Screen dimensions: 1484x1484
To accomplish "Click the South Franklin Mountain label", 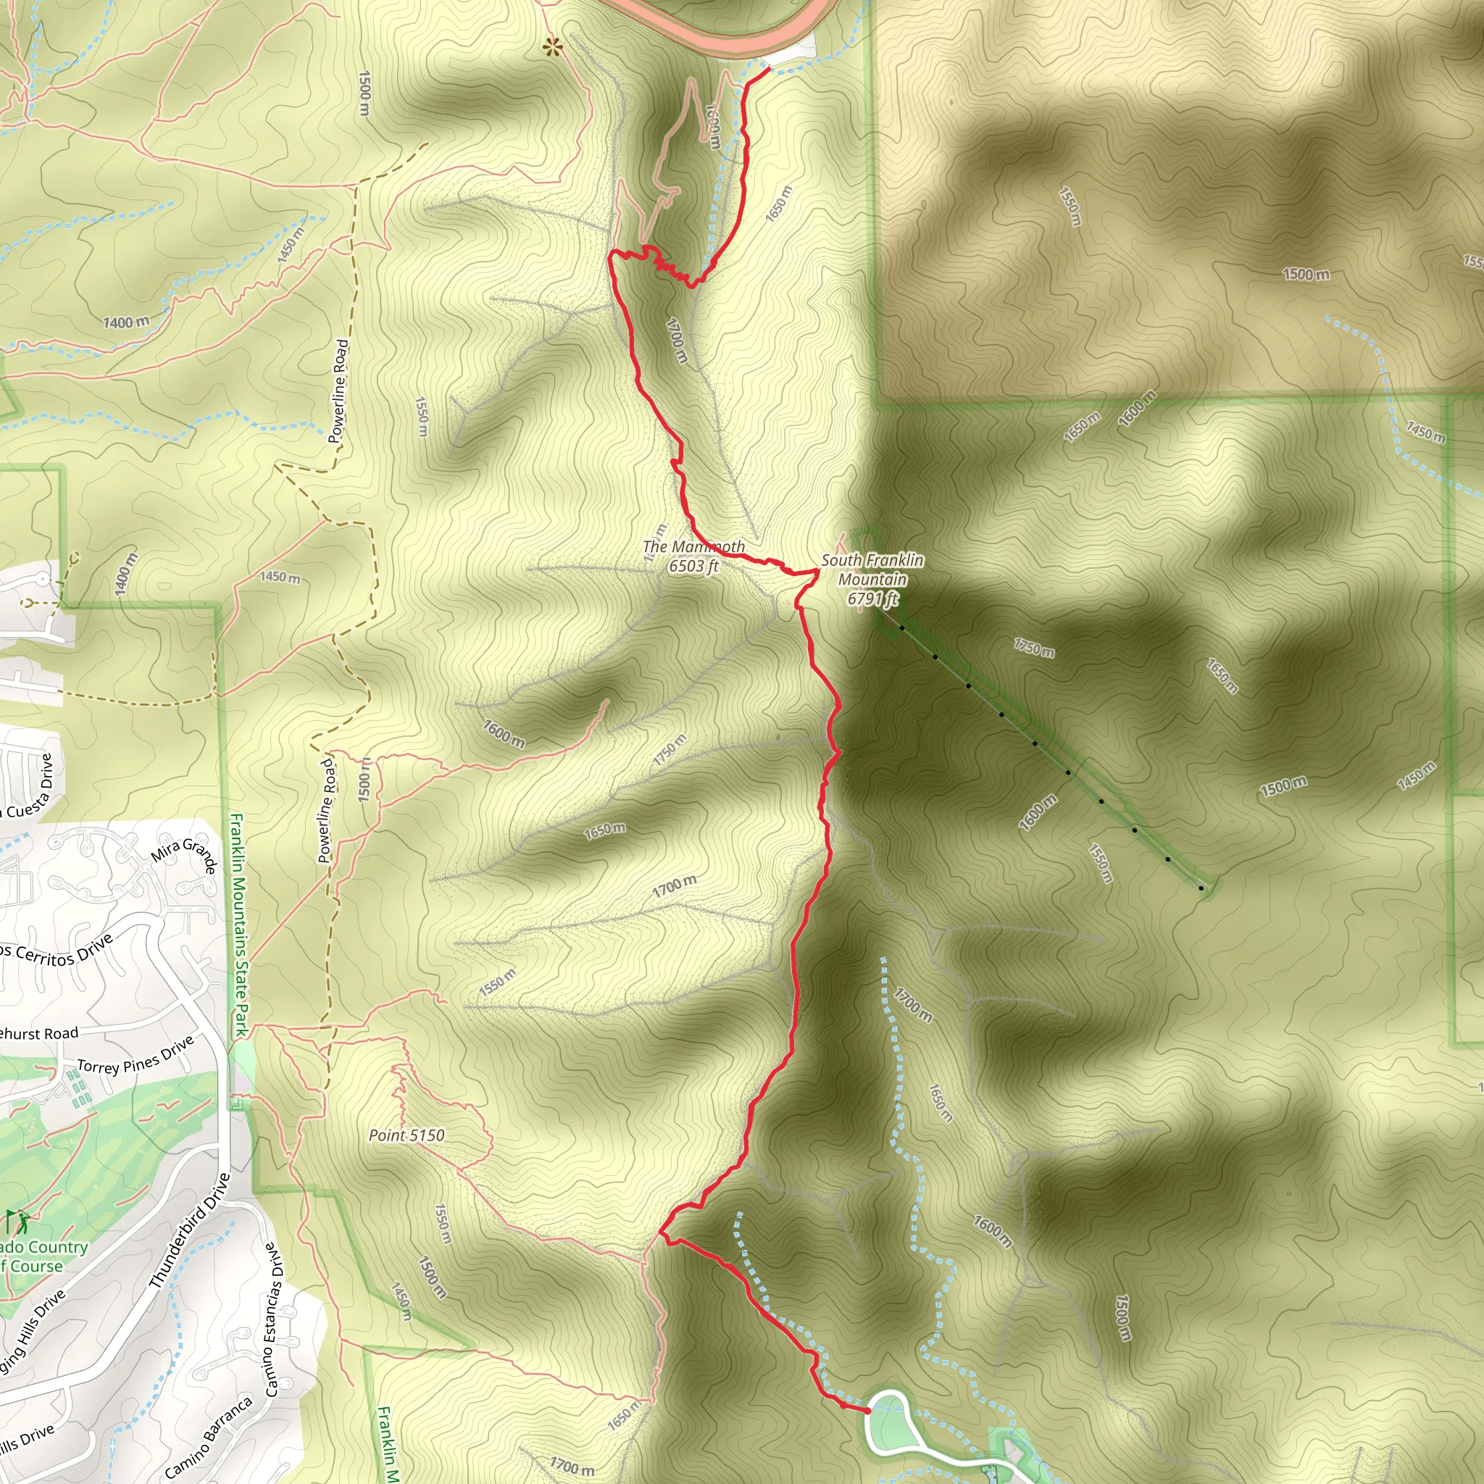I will [x=872, y=579].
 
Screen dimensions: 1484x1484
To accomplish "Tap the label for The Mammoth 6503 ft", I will [x=693, y=556].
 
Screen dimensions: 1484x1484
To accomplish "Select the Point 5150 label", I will [x=407, y=1135].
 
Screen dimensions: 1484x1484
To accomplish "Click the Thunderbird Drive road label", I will [x=189, y=1230].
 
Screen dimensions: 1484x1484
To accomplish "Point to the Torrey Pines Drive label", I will [x=136, y=1055].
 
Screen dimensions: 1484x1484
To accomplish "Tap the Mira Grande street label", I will [x=185, y=855].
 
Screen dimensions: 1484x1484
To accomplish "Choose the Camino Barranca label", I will [x=208, y=1437].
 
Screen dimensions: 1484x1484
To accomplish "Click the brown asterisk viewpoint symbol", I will [x=552, y=49].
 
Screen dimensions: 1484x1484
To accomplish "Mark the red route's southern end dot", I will [x=868, y=1411].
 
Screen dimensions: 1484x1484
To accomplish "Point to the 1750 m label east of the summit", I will [x=1034, y=648].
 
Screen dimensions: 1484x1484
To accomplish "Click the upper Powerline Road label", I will [x=338, y=392].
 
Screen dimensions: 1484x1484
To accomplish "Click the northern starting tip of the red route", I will [x=768, y=69].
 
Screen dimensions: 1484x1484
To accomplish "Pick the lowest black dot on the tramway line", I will [x=1201, y=888].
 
